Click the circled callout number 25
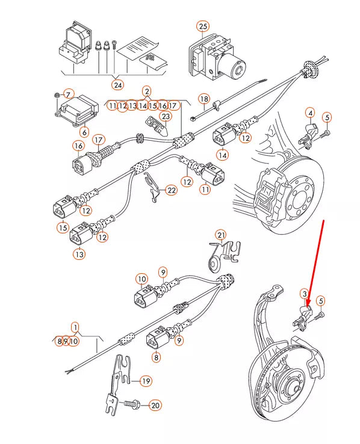pyautogui.click(x=203, y=26)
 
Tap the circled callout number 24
pyautogui.click(x=117, y=85)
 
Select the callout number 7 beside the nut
pyautogui.click(x=68, y=94)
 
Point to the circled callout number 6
pyautogui.click(x=84, y=132)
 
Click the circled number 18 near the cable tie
pyautogui.click(x=203, y=99)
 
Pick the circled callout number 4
pyautogui.click(x=310, y=113)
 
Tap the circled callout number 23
pyautogui.click(x=165, y=116)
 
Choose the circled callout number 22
pyautogui.click(x=172, y=190)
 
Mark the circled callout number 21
pyautogui.click(x=221, y=234)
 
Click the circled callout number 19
pyautogui.click(x=146, y=381)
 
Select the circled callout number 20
pyautogui.click(x=155, y=405)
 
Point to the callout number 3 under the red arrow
pyautogui.click(x=305, y=294)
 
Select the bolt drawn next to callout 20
pyautogui.click(x=132, y=405)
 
